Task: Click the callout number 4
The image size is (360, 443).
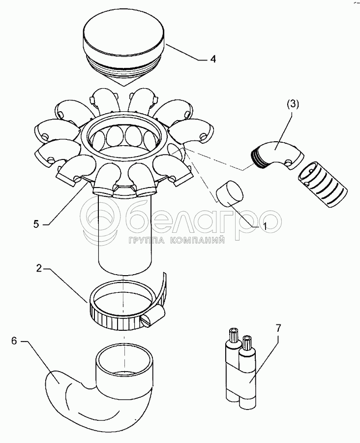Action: click(x=213, y=59)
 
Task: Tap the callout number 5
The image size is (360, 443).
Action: click(x=36, y=224)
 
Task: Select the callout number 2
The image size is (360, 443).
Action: click(x=39, y=268)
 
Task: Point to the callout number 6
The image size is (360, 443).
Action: click(x=14, y=341)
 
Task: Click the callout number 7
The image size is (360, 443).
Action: click(x=278, y=328)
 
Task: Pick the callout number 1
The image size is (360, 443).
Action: click(x=265, y=226)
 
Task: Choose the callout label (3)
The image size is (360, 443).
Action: click(x=293, y=104)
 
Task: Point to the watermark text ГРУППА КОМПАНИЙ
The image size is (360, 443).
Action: click(x=177, y=240)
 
